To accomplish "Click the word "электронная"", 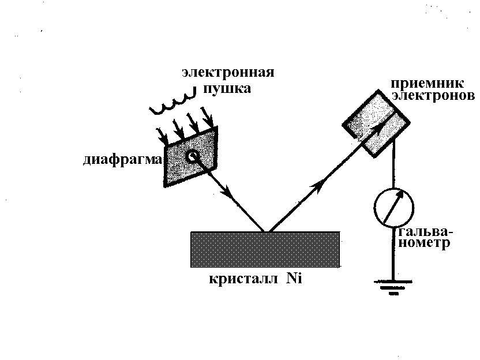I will [x=227, y=73].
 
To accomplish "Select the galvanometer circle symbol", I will [x=393, y=207].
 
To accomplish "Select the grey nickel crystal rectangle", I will [x=265, y=249].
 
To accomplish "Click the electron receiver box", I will [x=377, y=124].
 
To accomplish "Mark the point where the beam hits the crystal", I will [x=266, y=231].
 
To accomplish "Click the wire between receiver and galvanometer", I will [x=393, y=167].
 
